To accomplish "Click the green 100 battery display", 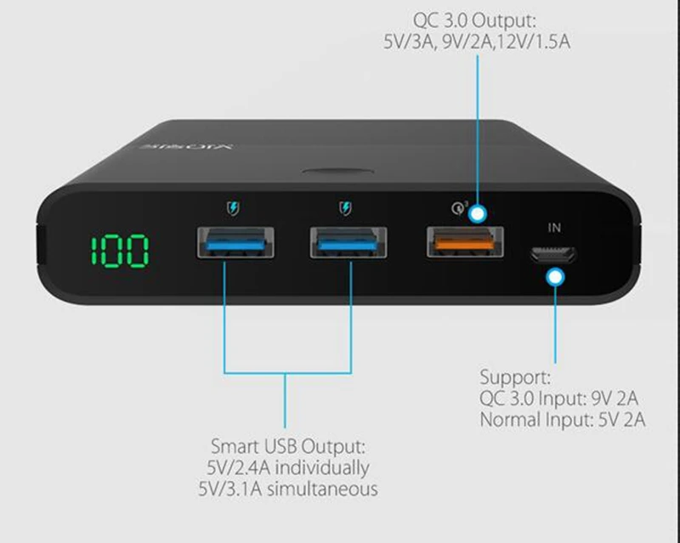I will click(x=120, y=251).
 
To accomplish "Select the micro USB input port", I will click(x=552, y=254).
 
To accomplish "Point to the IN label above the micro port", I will click(x=555, y=228).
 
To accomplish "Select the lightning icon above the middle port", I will click(x=344, y=206).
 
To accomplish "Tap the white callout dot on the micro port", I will click(x=556, y=276).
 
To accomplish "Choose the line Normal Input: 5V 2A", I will click(x=561, y=419).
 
